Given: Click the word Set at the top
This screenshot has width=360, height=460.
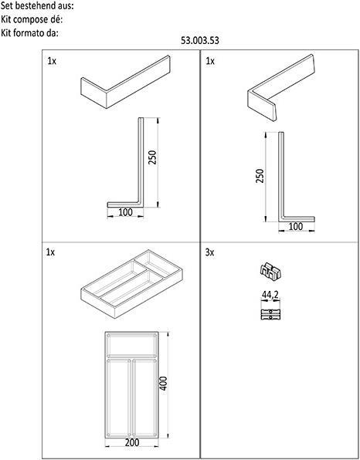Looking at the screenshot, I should click(x=8, y=5).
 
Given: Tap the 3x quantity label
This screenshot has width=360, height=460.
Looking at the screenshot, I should click(x=210, y=252).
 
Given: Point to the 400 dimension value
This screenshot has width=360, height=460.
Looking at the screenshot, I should click(x=163, y=384).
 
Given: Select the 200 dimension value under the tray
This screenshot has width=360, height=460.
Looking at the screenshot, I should click(x=133, y=444).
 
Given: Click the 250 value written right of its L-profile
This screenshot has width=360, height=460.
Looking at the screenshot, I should click(x=152, y=157).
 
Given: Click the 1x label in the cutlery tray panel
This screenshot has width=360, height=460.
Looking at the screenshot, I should click(x=52, y=252).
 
